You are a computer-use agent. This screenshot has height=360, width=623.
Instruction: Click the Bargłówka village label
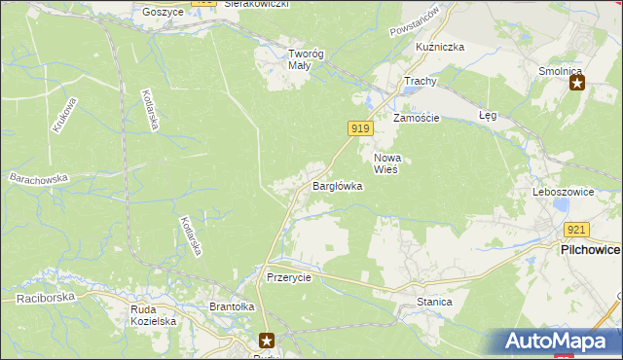[x=337, y=185]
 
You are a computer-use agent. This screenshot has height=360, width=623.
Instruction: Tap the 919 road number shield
[x=359, y=128]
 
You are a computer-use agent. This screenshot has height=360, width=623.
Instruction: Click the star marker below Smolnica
[x=576, y=84]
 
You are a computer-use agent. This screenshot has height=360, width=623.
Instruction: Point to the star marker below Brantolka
[x=267, y=340]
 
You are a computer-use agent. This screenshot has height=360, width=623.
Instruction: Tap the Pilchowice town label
[x=590, y=249]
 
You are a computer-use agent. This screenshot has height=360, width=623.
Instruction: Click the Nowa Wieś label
[x=387, y=162]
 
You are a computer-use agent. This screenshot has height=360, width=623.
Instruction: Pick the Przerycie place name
[x=288, y=276]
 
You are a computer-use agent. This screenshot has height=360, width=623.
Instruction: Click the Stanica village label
[x=434, y=302]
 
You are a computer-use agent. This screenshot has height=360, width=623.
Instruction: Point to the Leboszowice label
[x=563, y=192]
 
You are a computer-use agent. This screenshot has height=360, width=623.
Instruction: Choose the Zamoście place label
[x=417, y=118]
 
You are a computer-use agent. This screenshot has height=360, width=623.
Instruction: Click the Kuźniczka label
[x=440, y=47]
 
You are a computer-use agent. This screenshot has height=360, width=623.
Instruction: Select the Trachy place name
[x=420, y=82]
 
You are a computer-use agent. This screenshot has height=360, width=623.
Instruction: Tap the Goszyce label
[x=163, y=12]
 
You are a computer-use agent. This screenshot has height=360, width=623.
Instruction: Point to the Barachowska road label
[x=38, y=179]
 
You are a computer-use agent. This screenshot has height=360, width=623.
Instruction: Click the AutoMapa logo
[x=562, y=341]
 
